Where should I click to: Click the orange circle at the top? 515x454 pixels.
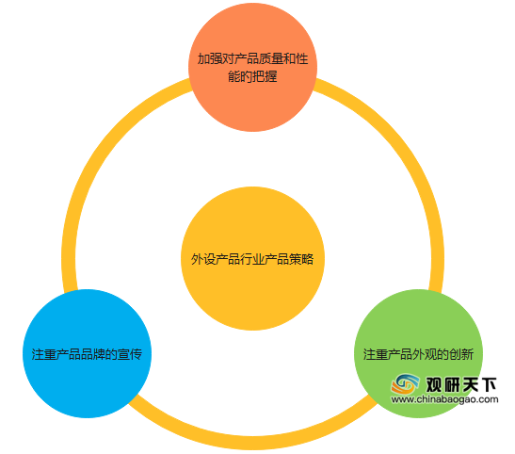(x=252, y=67)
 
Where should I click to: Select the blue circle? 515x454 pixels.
(x=87, y=353)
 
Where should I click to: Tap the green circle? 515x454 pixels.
(x=418, y=353)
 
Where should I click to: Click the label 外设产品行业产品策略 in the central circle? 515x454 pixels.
(x=252, y=259)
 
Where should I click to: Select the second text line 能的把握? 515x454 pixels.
(x=252, y=76)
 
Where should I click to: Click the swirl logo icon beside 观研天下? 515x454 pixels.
(x=405, y=384)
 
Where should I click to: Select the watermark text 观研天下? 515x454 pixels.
(x=461, y=384)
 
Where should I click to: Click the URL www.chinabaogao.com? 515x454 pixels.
(x=444, y=399)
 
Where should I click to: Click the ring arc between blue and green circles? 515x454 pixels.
(x=252, y=443)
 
